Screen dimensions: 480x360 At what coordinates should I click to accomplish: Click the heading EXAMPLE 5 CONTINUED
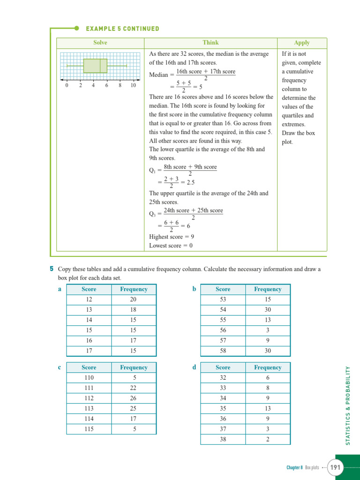click(x=122, y=29)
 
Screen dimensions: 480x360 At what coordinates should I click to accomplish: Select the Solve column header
click(x=100, y=43)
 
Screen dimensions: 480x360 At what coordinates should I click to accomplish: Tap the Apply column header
click(x=301, y=43)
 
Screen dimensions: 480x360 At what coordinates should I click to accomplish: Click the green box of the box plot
click(x=95, y=66)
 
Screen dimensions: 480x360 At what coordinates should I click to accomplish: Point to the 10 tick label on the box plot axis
click(x=133, y=85)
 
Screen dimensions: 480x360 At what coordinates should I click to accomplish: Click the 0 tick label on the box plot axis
click(x=67, y=85)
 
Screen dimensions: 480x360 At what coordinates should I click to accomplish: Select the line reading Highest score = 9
click(x=172, y=237)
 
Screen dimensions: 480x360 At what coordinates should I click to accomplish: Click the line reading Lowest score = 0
click(x=171, y=246)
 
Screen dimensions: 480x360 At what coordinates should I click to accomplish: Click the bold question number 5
click(x=51, y=269)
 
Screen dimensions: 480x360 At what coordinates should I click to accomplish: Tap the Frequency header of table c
click(x=133, y=367)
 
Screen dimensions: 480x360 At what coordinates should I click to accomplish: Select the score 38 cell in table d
click(x=223, y=439)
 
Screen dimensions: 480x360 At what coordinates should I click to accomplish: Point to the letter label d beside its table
click(x=194, y=367)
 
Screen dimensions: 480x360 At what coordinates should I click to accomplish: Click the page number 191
click(x=335, y=467)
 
